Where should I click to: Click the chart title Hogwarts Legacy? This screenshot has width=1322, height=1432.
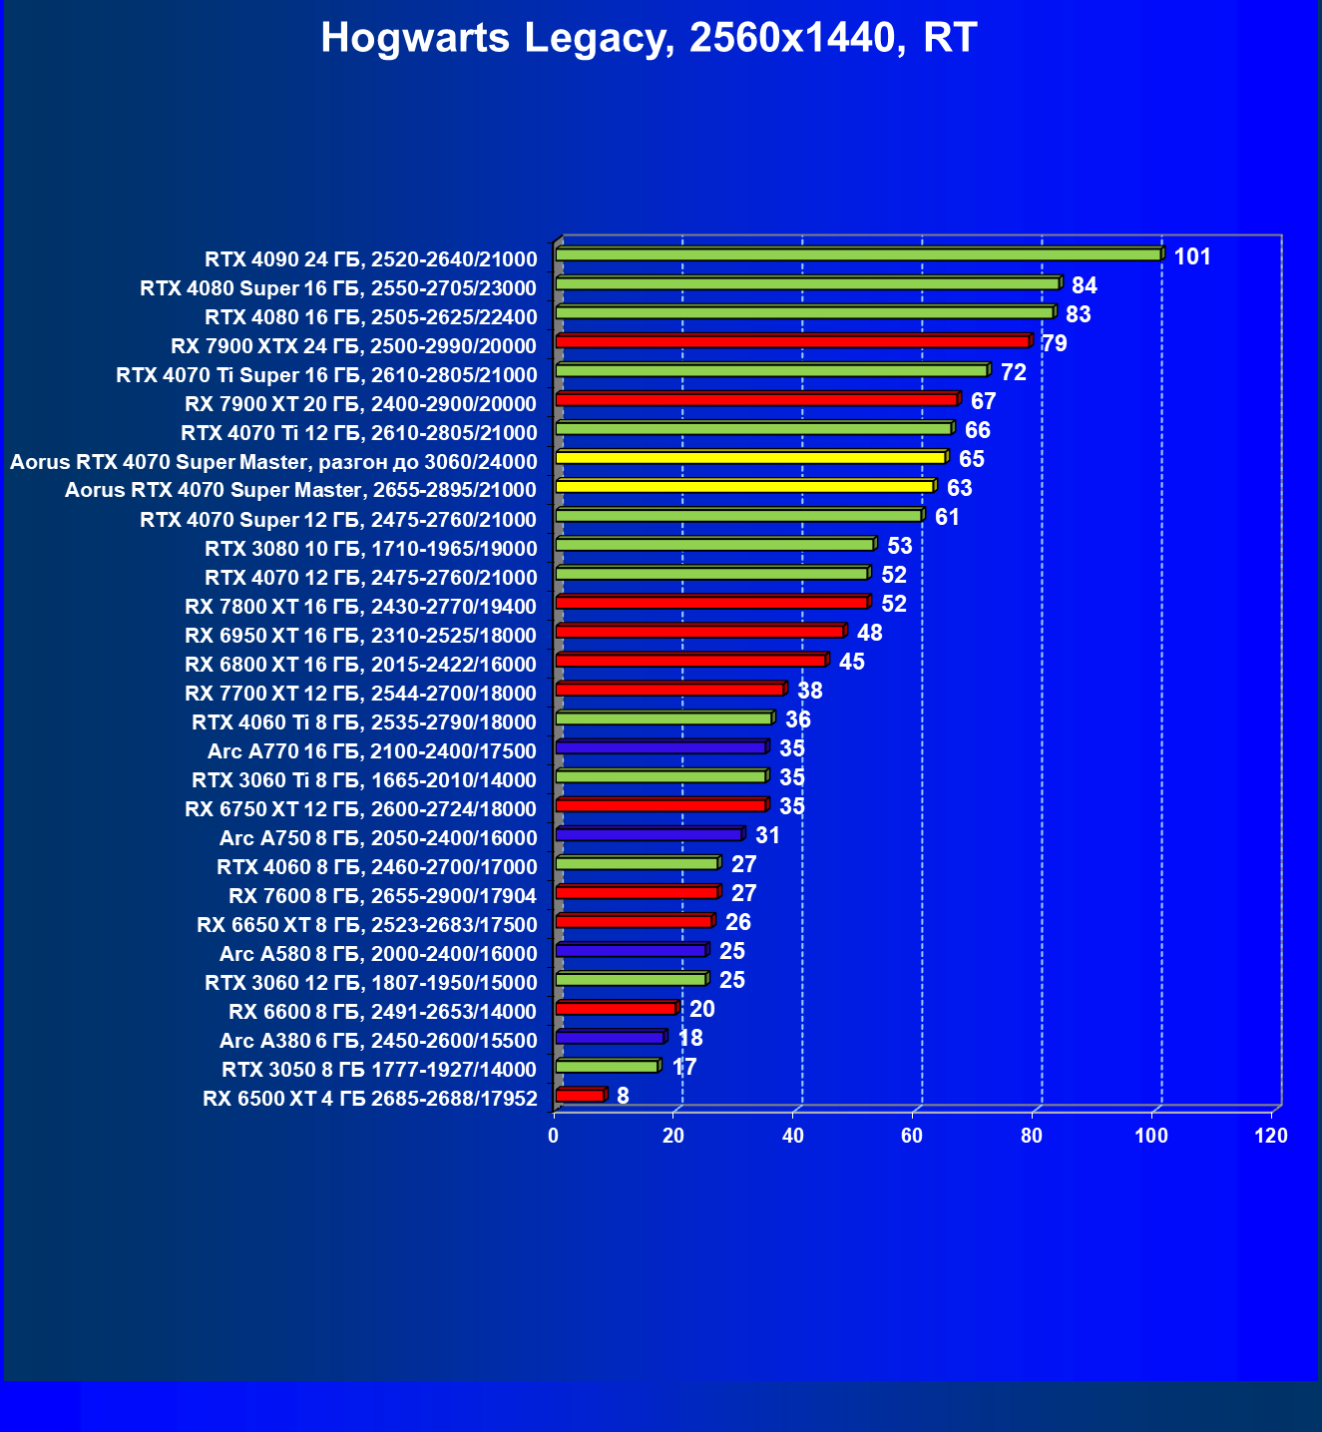tap(649, 38)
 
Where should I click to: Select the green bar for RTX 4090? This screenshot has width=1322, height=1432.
tap(858, 254)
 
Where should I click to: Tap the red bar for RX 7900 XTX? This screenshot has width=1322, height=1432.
tap(792, 341)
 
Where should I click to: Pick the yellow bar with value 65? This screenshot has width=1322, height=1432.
tap(750, 457)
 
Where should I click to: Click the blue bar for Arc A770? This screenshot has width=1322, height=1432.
tap(661, 746)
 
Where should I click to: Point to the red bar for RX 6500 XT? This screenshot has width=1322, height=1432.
tap(580, 1095)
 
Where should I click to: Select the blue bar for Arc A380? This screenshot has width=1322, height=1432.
tap(610, 1037)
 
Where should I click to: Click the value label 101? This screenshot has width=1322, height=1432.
tap(1191, 257)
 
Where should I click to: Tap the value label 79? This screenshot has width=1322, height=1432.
tap(1054, 344)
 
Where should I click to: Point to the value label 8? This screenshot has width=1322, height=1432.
tap(623, 1097)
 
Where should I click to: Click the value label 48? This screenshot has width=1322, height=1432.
tap(869, 634)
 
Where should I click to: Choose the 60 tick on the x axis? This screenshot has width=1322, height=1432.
tap(912, 1136)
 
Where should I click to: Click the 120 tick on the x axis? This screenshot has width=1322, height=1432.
tap(1271, 1136)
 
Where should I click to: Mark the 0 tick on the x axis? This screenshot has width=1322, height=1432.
tap(554, 1136)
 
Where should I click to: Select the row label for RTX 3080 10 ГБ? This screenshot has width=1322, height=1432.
tap(371, 549)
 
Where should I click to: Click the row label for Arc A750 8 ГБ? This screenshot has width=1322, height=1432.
tap(378, 838)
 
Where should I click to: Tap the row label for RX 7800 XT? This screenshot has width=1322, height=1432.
tap(361, 607)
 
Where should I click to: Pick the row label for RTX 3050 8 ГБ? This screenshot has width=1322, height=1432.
tap(379, 1070)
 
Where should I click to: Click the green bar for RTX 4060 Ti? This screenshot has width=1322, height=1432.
tap(663, 717)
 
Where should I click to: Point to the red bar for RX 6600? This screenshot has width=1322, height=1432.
tap(616, 1008)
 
